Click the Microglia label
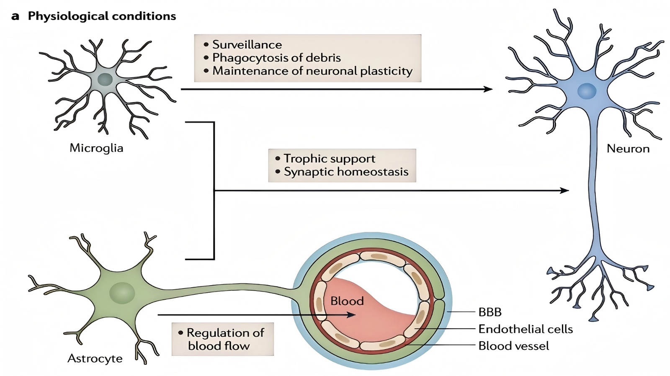[96, 148]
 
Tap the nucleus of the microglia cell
[105, 80]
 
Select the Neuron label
[628, 149]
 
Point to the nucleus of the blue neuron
[587, 91]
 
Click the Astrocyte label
[95, 358]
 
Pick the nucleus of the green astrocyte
[122, 293]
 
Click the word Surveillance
[247, 44]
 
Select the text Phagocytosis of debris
[276, 58]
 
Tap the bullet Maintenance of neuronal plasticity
[312, 71]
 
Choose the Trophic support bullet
[329, 159]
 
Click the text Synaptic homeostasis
[346, 172]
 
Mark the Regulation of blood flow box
[222, 339]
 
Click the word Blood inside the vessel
[347, 301]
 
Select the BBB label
[490, 312]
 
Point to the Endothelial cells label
[525, 329]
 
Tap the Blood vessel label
[513, 346]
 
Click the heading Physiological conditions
[102, 16]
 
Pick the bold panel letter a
[15, 16]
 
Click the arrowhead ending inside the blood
[352, 315]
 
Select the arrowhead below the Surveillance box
[488, 89]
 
